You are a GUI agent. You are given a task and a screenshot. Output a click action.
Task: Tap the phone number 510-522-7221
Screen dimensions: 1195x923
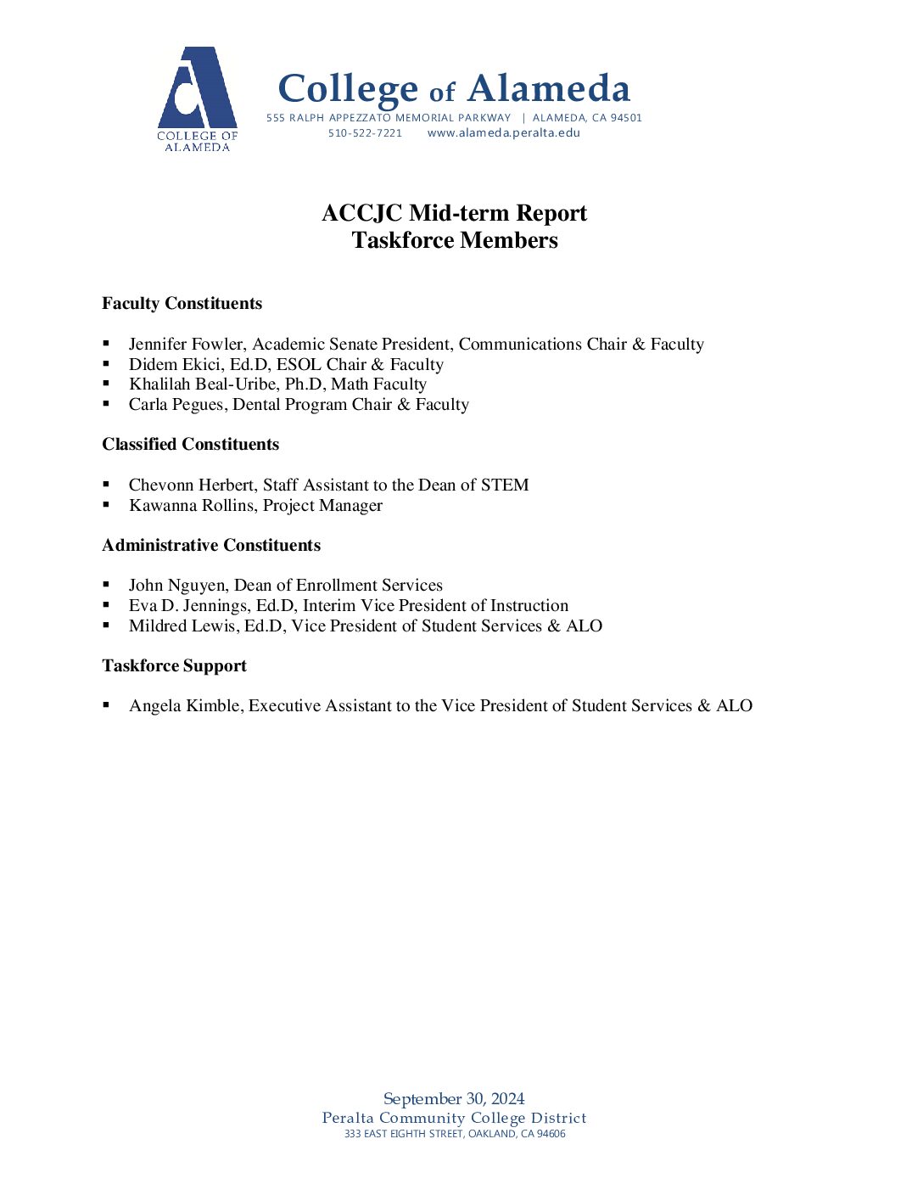pyautogui.click(x=365, y=133)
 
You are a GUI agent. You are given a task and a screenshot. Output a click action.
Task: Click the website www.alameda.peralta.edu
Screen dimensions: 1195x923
pyautogui.click(x=504, y=133)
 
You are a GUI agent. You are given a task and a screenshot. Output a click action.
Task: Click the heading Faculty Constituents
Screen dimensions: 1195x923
pyautogui.click(x=182, y=304)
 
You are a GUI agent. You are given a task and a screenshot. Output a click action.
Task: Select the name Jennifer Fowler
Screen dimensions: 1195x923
pyautogui.click(x=187, y=345)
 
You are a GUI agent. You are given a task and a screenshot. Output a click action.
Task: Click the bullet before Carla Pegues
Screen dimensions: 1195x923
pyautogui.click(x=106, y=404)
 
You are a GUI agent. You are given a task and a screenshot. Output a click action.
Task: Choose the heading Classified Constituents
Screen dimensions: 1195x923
pyautogui.click(x=190, y=445)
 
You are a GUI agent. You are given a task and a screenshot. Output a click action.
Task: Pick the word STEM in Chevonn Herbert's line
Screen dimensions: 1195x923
pyautogui.click(x=505, y=485)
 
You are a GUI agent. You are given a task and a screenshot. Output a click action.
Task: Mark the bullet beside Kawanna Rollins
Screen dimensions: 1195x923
pyautogui.click(x=106, y=505)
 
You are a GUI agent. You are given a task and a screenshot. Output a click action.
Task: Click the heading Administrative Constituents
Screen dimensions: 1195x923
pyautogui.click(x=211, y=546)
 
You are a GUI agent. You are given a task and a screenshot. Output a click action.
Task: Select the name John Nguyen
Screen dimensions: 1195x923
pyautogui.click(x=177, y=586)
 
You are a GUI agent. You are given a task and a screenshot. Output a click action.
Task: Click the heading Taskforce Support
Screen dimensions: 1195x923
pyautogui.click(x=174, y=666)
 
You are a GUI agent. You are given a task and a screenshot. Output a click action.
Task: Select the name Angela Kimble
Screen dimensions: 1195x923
pyautogui.click(x=184, y=706)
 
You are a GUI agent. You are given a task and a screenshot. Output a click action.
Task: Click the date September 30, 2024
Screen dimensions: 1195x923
pyautogui.click(x=454, y=1099)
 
